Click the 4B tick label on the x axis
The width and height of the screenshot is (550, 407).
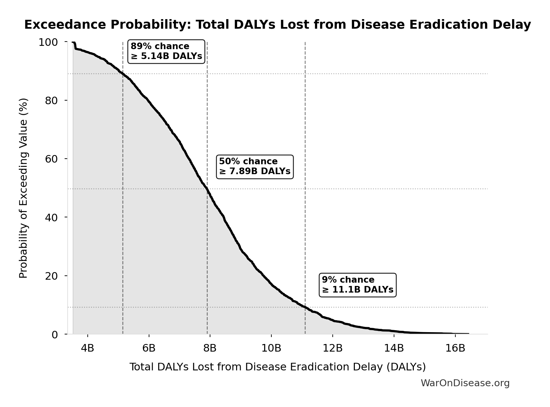87,348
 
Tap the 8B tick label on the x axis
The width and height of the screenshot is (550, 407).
210,348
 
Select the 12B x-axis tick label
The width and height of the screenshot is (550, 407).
332,348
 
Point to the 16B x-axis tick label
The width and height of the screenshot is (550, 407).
455,348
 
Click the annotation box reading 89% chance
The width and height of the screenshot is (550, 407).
166,51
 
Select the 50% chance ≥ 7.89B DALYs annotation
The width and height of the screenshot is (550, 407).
255,167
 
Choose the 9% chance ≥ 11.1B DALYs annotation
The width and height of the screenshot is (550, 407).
357,285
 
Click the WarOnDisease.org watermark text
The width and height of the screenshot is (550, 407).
465,383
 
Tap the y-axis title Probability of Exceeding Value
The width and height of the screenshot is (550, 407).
23,188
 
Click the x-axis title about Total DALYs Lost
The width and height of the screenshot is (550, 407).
277,367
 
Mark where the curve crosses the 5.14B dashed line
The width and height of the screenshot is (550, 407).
123,74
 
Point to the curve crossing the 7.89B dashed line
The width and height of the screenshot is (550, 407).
207,189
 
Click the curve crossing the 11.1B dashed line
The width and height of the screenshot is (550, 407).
305,307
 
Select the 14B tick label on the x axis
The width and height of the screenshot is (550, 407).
394,348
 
